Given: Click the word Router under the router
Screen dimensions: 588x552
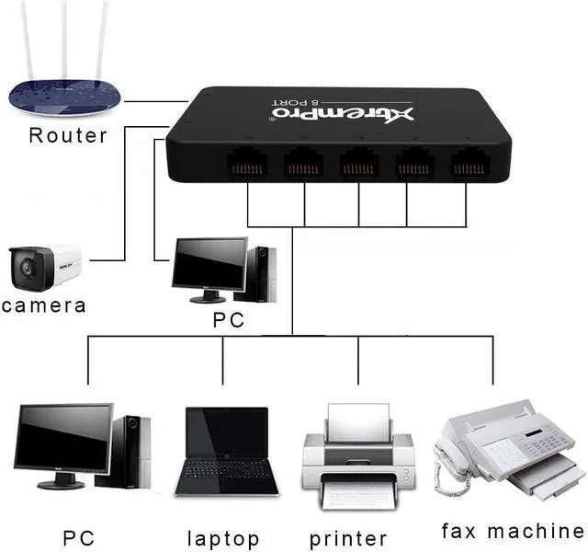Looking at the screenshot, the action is [68, 135].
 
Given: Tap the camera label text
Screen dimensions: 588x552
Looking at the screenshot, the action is [44, 305].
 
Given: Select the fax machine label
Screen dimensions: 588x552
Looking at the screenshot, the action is [513, 531].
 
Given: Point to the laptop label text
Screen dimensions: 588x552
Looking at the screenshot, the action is [223, 539].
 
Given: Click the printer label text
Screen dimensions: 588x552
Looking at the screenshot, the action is [348, 539].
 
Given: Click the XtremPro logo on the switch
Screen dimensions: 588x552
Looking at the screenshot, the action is [343, 114].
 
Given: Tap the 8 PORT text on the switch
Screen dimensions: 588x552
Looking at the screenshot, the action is [297, 102].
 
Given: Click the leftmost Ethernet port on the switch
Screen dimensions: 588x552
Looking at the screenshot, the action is [246, 164].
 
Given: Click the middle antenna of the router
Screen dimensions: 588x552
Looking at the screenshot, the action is [65, 40].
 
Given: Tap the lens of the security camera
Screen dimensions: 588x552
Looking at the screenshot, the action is [27, 268].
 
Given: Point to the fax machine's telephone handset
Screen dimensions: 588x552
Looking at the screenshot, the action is [449, 458].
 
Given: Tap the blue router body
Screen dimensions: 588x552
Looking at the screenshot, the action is [64, 97].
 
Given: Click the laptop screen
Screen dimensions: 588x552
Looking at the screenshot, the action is [227, 432].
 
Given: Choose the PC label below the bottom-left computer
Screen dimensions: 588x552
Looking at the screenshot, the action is [79, 537].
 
